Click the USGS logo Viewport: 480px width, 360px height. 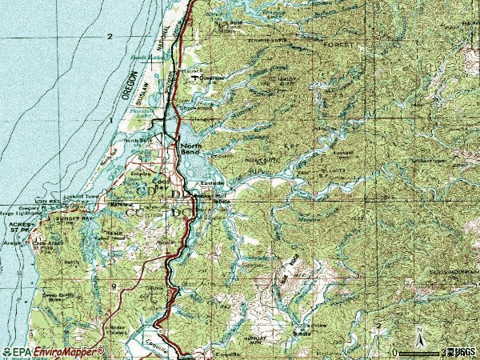[x=462, y=351]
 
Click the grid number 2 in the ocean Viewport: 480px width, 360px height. [x=109, y=37]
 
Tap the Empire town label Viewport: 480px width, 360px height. [x=141, y=172]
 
